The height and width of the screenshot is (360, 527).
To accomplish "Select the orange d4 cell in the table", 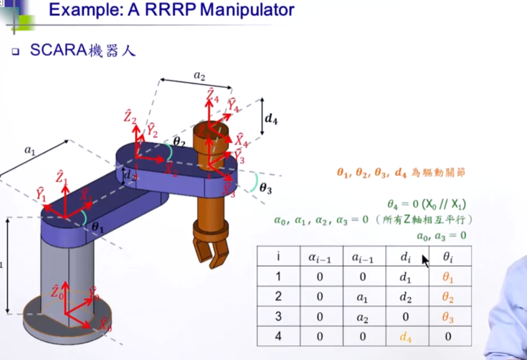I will coord(405,336).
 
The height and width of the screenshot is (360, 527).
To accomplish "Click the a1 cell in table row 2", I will coord(363,297).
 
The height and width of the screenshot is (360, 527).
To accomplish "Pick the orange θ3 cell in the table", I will coord(447,317).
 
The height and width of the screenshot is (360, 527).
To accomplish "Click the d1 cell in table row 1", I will coord(405,277).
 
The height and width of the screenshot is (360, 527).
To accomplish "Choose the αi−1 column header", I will coord(320,257).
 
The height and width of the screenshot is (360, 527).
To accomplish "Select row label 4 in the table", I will coord(278,336).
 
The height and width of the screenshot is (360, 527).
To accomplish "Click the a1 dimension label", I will coord(30,151).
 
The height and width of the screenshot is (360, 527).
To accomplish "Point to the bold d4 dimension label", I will coord(271,119).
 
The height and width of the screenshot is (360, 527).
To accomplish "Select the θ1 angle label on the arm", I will coord(98,226).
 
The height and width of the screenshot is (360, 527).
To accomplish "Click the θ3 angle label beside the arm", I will coord(265,189).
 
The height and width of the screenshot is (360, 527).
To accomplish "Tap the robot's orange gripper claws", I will coord(210,250).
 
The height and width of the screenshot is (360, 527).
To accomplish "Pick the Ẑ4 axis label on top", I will coord(212,95).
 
